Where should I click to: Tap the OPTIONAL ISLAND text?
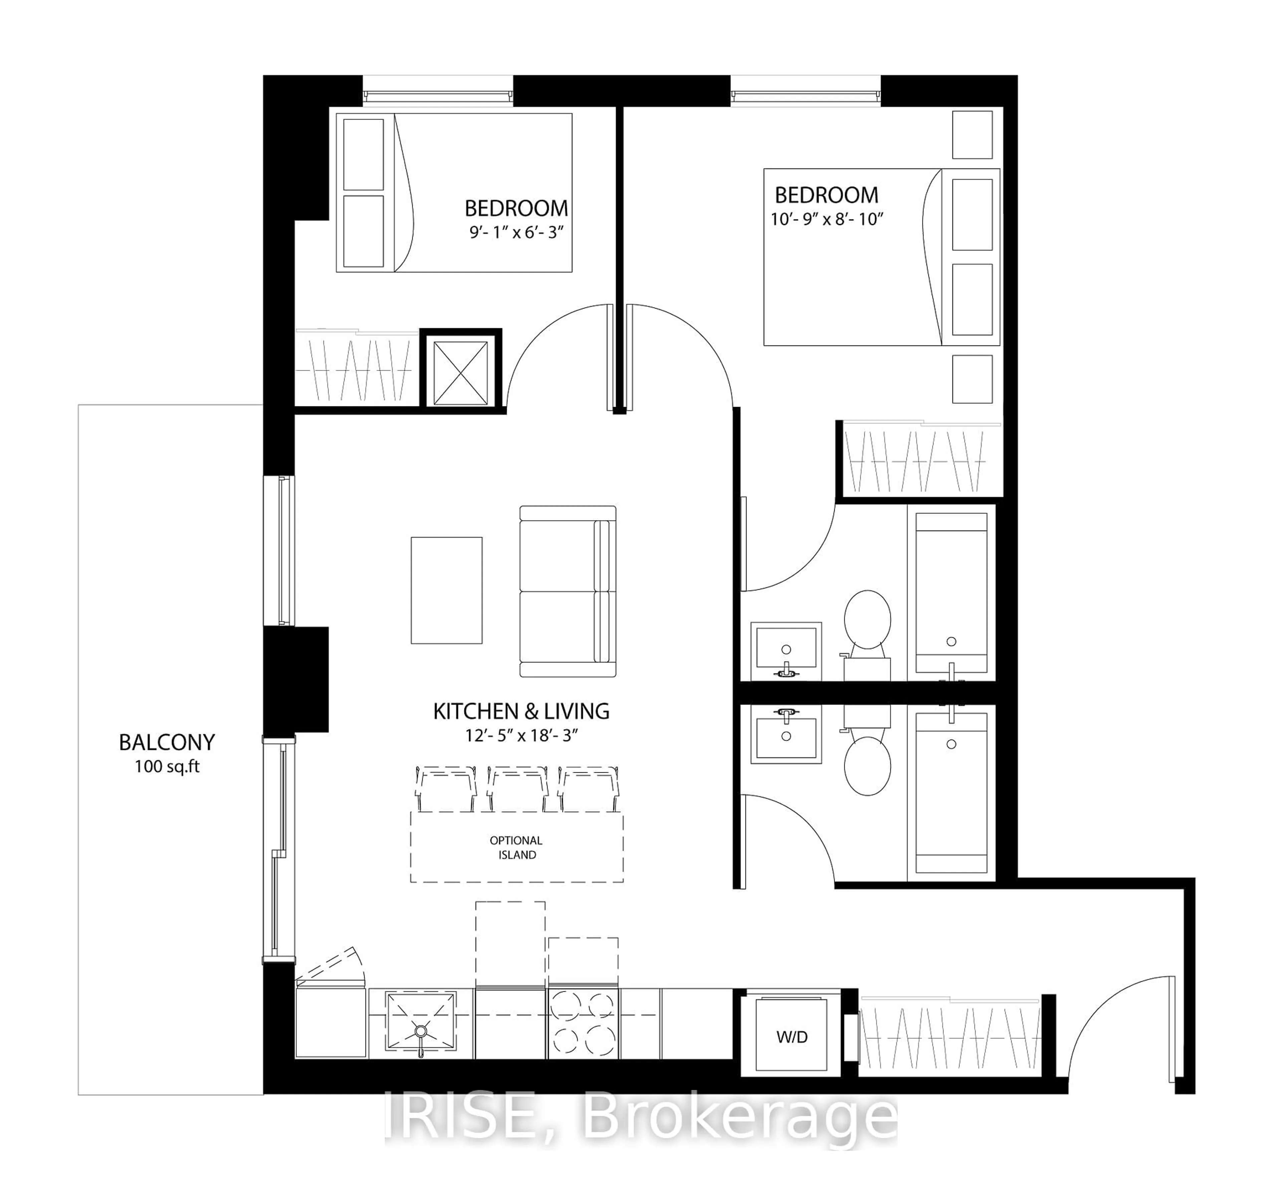click(516, 847)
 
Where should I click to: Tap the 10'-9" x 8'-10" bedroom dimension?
click(827, 219)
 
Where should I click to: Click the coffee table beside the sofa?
click(447, 590)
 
